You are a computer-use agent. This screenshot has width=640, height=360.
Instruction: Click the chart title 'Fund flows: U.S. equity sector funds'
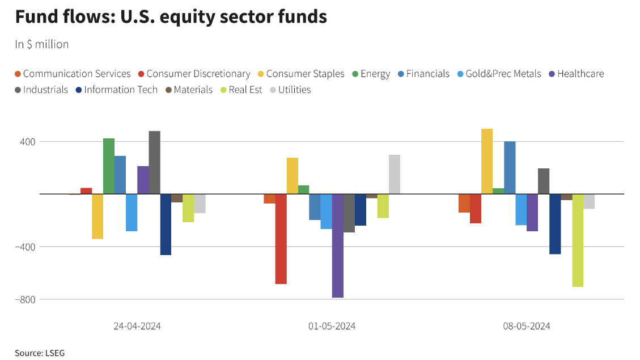[x=171, y=17]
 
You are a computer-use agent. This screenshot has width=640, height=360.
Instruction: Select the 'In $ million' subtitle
[x=42, y=44]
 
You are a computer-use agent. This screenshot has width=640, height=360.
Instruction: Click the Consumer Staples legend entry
[x=305, y=74]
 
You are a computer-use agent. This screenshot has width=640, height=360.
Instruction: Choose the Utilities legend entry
[x=294, y=90]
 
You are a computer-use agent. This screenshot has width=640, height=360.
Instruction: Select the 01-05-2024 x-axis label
[x=332, y=326]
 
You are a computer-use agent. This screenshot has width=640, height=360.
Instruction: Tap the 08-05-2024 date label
[x=527, y=326]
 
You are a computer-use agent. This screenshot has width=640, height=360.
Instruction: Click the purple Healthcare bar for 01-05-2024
[x=338, y=245]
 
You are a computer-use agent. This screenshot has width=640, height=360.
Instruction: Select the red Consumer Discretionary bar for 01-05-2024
[x=281, y=239]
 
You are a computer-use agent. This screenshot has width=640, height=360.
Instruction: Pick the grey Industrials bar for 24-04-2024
[x=154, y=163]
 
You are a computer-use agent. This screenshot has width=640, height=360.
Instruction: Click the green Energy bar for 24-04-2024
[x=109, y=166]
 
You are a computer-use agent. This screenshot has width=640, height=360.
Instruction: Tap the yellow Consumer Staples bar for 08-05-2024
[x=487, y=162]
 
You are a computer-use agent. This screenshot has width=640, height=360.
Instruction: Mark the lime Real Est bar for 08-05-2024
[x=578, y=240]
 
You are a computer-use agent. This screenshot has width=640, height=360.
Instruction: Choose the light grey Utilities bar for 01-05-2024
[x=395, y=175]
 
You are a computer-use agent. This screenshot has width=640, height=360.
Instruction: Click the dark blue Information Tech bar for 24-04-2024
[x=166, y=225]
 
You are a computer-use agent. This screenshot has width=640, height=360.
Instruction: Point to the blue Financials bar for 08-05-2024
[x=510, y=168]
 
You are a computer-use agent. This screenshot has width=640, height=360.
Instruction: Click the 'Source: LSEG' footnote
[x=40, y=353]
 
